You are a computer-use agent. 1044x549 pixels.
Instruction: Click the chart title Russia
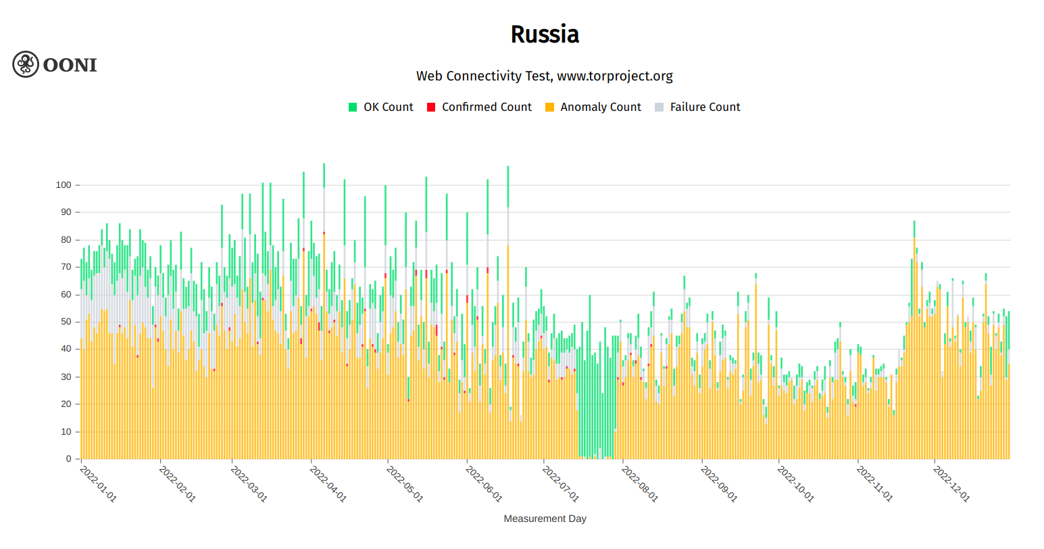click(x=545, y=34)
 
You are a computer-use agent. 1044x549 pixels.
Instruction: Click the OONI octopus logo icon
click(x=26, y=64)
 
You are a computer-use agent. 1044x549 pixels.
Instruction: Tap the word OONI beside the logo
click(x=70, y=65)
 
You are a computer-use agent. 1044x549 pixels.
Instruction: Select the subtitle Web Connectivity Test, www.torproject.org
click(x=545, y=76)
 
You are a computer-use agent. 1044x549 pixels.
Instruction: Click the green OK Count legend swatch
click(x=353, y=107)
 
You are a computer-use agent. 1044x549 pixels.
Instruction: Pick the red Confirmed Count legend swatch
click(x=431, y=107)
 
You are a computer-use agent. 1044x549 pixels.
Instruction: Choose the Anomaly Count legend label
click(x=601, y=107)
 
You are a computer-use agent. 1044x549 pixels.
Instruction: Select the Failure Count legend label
click(x=705, y=107)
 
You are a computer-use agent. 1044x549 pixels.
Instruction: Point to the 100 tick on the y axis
click(x=64, y=185)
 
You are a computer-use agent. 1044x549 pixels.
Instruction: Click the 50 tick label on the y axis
click(x=66, y=322)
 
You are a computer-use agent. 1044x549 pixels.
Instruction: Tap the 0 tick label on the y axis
click(x=68, y=459)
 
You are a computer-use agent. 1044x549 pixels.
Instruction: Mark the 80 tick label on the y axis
click(x=66, y=239)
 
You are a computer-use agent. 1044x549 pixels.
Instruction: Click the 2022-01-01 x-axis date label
click(x=98, y=483)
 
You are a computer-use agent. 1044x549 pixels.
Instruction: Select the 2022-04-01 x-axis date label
click(x=328, y=483)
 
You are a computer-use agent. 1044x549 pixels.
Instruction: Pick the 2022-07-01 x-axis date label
click(x=561, y=483)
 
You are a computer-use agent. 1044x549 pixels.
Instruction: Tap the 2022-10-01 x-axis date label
click(x=795, y=483)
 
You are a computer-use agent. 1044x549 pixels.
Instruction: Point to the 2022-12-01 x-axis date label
click(x=951, y=483)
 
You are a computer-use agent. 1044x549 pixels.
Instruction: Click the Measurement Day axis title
click(x=545, y=519)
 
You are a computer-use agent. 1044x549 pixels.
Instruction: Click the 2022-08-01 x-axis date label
click(x=639, y=483)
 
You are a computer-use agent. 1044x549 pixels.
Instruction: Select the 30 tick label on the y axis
click(x=66, y=377)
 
